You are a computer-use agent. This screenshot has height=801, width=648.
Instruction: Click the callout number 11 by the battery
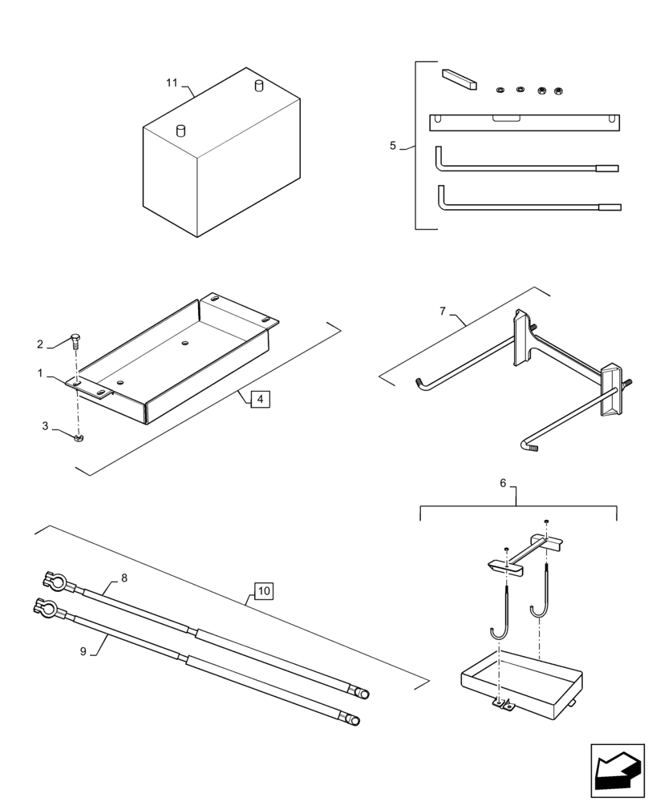click(x=172, y=83)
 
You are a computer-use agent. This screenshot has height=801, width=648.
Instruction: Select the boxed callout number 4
click(x=259, y=398)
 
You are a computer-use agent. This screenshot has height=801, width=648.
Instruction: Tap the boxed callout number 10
click(x=264, y=591)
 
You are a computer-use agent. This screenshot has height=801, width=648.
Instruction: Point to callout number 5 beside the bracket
click(x=393, y=146)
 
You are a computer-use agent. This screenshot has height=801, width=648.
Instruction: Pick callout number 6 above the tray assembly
click(x=503, y=483)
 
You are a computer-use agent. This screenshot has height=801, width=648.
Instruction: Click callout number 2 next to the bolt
click(x=40, y=344)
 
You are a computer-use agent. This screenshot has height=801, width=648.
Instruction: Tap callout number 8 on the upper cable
click(x=124, y=578)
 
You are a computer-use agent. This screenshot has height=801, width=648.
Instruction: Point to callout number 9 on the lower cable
click(x=83, y=652)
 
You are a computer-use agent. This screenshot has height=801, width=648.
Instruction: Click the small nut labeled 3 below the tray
click(x=79, y=438)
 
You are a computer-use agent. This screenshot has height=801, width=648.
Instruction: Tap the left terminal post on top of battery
click(x=180, y=129)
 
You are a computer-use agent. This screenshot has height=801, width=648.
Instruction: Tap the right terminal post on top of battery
click(x=258, y=85)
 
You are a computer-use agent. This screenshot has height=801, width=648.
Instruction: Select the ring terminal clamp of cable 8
click(x=47, y=579)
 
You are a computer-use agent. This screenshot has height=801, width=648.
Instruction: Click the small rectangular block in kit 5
click(x=459, y=79)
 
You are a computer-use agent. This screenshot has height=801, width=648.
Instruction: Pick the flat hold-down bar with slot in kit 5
click(x=526, y=122)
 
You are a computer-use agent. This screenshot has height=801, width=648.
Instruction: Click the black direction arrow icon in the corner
click(x=618, y=771)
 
